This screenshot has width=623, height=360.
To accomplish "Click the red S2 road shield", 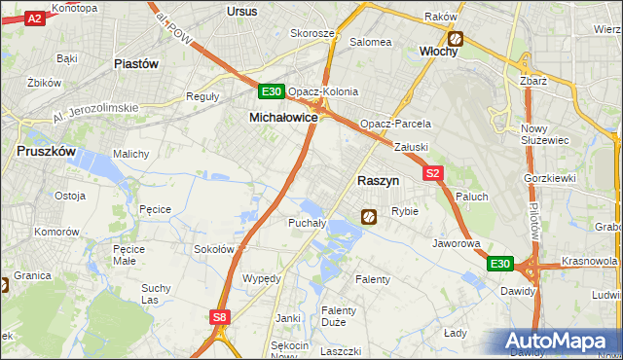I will point(434,173).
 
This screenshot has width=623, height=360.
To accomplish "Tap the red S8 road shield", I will point(222,316).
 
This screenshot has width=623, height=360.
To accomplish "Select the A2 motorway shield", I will point(34,18).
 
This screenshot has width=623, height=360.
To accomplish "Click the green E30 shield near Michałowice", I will point(272,92).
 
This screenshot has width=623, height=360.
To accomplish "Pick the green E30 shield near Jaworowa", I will point(500,264).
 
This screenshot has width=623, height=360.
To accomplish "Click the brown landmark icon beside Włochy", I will point(455,39).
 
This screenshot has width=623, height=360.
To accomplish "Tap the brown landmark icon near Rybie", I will point(369,217).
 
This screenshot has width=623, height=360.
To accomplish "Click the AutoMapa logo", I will point(560,342).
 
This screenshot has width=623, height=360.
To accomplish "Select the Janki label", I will point(287,318).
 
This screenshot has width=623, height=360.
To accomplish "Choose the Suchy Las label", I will point(156,293).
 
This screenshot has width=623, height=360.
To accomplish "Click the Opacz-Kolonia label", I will point(322,91).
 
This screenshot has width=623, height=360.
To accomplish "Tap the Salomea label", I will point(371,42).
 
